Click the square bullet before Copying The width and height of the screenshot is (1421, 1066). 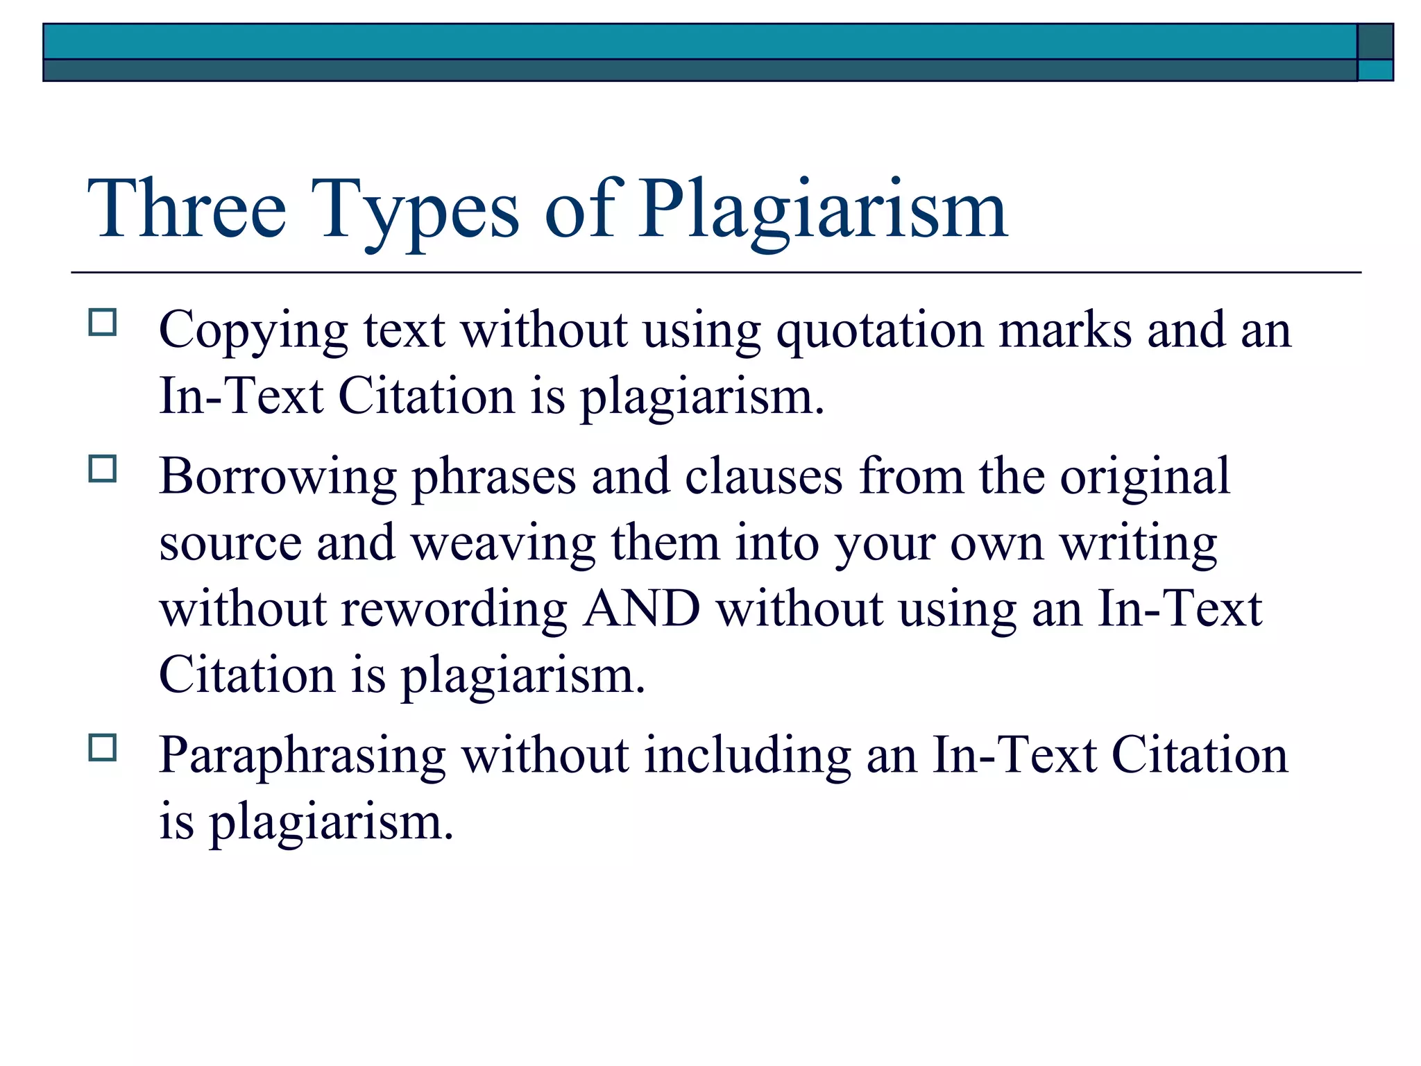click(x=103, y=323)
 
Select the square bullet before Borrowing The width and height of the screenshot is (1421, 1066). click(x=103, y=469)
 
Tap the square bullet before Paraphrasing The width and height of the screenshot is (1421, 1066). click(x=103, y=748)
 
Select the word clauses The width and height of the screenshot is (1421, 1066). click(x=763, y=476)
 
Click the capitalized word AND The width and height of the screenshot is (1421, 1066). click(x=641, y=609)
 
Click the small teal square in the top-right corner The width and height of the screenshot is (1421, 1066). click(x=1375, y=70)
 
